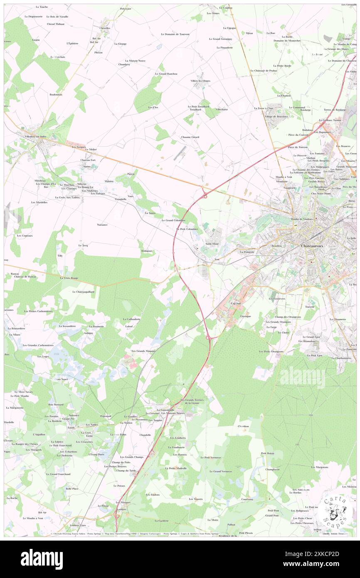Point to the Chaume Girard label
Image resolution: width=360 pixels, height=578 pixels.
(190, 137)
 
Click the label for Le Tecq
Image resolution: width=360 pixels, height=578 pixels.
(83, 246)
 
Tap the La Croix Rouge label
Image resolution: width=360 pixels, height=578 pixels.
(69, 278)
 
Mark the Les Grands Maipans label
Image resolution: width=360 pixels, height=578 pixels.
(143, 351)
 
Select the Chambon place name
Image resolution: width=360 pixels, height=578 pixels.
(243, 426)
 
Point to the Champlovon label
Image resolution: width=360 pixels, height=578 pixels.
(272, 469)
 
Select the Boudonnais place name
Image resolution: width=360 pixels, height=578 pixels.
(56, 94)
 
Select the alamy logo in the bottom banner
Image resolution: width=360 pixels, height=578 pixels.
(42, 559)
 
